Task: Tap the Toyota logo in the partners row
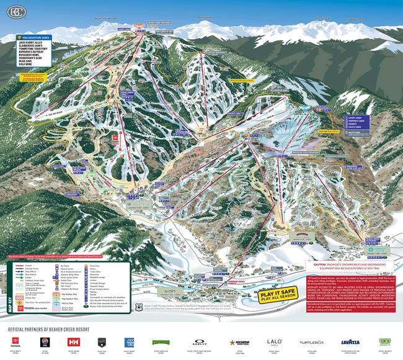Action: coord(15,342)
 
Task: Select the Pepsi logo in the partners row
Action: coord(44,342)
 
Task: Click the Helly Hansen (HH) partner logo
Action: coord(73,342)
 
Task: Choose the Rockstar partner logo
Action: coord(242,342)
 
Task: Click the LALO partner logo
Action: coord(274,341)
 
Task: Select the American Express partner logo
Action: coord(130,342)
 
